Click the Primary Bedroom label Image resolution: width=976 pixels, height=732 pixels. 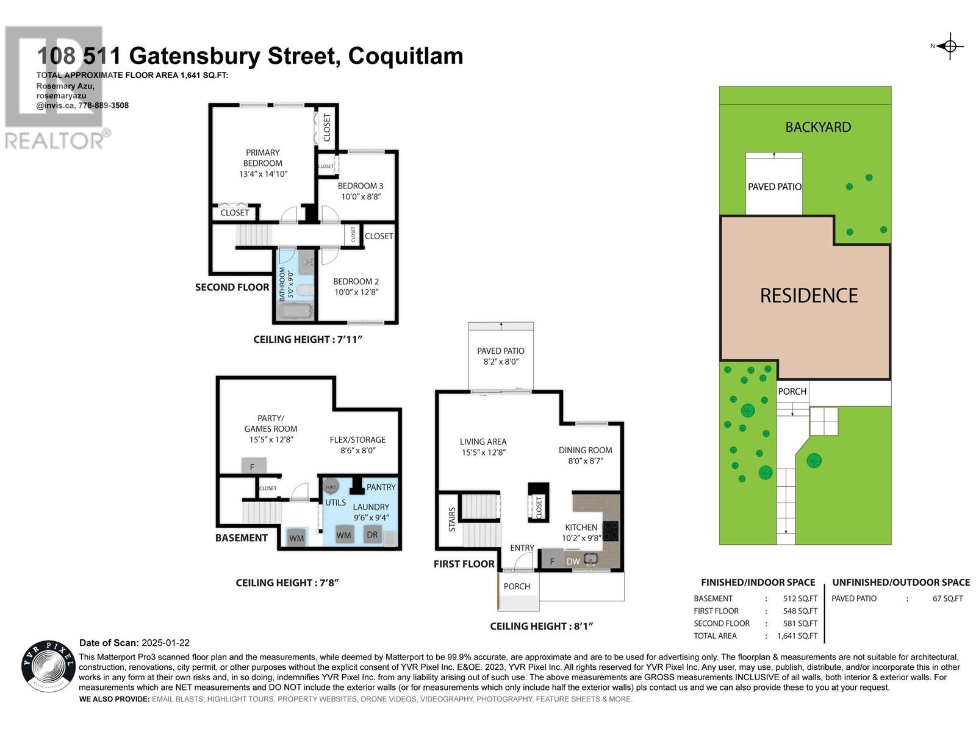[262, 157]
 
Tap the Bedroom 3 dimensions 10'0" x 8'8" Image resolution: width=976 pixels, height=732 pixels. [361, 197]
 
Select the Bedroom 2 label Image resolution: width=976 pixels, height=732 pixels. [356, 281]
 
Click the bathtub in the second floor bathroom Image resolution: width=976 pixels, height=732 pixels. [295, 312]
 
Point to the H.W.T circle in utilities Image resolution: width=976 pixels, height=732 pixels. [331, 487]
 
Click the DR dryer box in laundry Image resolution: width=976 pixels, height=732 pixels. [372, 535]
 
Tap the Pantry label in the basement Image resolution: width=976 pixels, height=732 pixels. [381, 487]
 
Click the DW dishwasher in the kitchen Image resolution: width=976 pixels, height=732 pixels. [573, 561]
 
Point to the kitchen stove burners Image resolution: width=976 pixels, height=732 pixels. [611, 530]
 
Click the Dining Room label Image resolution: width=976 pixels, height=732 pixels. [585, 450]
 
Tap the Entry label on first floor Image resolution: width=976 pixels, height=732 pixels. [522, 548]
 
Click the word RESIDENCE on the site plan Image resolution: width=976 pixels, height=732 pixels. [808, 296]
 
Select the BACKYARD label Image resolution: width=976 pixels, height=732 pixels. [817, 127]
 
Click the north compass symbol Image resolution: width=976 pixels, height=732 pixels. [950, 46]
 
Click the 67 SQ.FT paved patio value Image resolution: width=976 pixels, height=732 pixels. [947, 598]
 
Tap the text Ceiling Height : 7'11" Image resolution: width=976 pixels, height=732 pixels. [307, 339]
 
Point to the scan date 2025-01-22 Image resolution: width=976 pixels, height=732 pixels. [165, 643]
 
